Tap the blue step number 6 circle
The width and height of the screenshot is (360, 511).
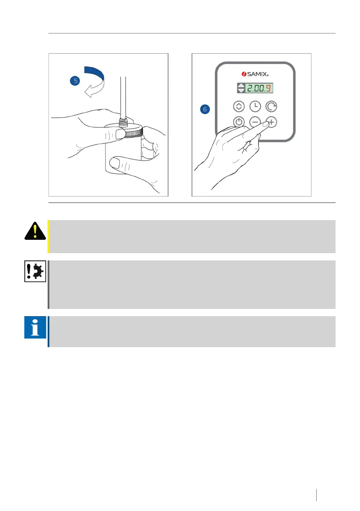[x=205, y=109]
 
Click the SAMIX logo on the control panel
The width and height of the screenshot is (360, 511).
[x=255, y=74]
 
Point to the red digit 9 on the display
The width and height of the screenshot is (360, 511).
[x=269, y=89]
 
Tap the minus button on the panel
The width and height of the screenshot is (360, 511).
[x=255, y=122]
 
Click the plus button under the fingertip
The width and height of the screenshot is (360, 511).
[x=271, y=122]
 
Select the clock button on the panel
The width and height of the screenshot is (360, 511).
[x=255, y=106]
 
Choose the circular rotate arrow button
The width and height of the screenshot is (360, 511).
[x=271, y=106]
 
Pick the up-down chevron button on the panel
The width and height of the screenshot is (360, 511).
[x=239, y=106]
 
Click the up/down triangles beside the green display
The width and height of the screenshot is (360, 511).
[x=241, y=89]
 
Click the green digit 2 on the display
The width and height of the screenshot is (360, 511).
[x=250, y=89]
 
